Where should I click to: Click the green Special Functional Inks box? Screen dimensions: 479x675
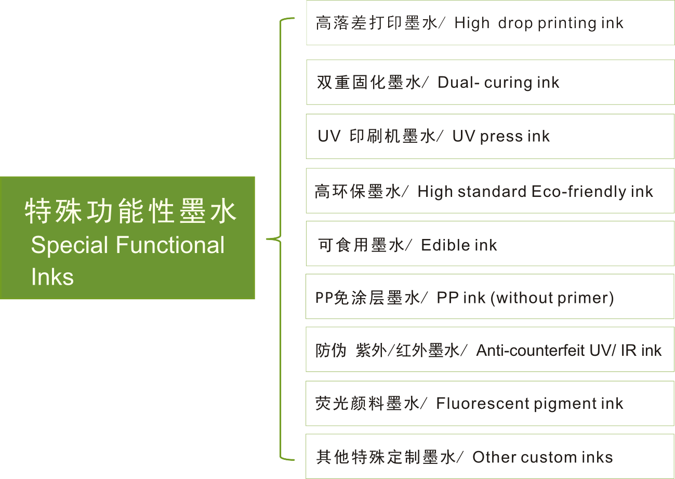[x=127, y=237]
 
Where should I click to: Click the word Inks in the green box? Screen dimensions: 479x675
[x=52, y=277]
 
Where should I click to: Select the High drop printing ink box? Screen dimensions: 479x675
[x=490, y=23]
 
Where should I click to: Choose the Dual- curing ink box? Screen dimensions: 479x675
[x=490, y=82]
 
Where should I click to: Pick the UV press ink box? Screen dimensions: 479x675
[x=490, y=136]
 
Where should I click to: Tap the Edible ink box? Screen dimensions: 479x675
[x=490, y=244]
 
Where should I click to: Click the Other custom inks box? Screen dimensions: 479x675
[x=490, y=457]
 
